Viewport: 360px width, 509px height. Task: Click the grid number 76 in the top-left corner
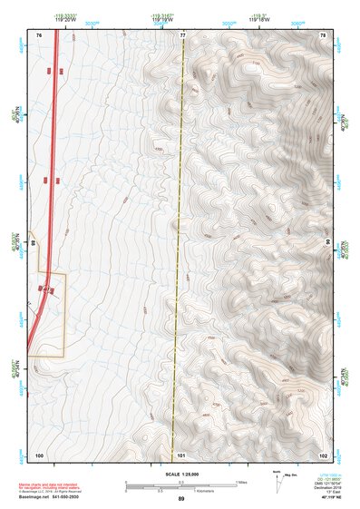click(39, 34)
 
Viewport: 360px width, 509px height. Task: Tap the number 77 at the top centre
click(182, 34)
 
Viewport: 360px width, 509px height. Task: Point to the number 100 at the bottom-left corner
click(39, 454)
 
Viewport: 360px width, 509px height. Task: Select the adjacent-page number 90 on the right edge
click(329, 243)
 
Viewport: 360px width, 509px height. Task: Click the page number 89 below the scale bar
click(181, 499)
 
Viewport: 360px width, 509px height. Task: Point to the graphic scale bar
click(181, 485)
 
